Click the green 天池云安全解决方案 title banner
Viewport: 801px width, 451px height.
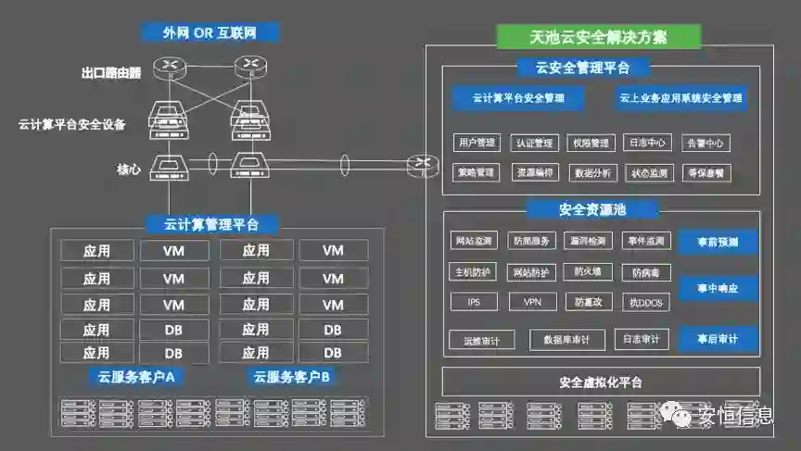coord(598,37)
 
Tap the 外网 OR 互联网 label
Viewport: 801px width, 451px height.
coord(210,33)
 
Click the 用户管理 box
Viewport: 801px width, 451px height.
coord(477,143)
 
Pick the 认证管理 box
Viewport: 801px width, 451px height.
coord(535,143)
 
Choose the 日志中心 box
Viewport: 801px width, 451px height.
coord(648,143)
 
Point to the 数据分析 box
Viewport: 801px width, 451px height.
coord(591,172)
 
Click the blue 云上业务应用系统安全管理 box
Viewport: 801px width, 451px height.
coord(680,97)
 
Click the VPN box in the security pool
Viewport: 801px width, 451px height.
coord(532,302)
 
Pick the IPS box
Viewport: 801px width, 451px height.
coord(475,302)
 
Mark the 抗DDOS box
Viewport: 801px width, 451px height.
coord(647,302)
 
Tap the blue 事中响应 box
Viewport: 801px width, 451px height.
coord(718,289)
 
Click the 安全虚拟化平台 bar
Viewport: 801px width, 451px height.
coord(601,382)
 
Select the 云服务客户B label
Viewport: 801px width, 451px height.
coord(291,376)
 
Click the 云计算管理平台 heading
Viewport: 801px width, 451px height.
coord(211,224)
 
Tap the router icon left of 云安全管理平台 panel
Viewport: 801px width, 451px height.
coord(423,165)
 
